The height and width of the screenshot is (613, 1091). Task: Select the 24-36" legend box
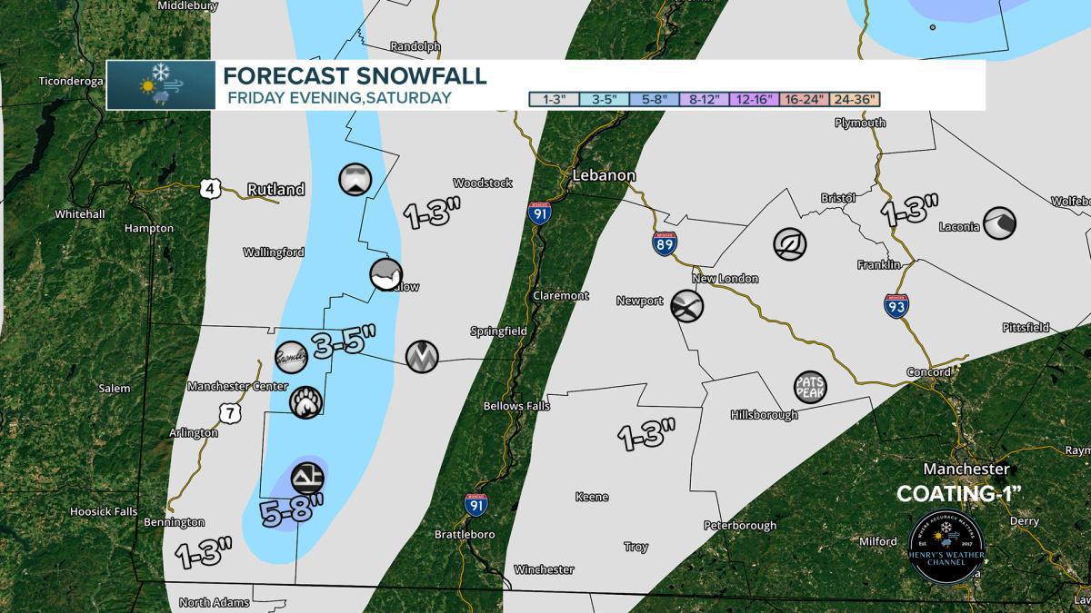855,99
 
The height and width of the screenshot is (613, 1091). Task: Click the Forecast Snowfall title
355,75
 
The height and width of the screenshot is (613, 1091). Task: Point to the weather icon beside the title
160,85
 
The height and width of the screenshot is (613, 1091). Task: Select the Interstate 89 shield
664,242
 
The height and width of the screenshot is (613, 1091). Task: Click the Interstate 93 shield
896,305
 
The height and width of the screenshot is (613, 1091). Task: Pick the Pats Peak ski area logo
809,387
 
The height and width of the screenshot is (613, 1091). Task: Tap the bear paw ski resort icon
305,401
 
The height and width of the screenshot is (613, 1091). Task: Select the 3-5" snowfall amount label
344,342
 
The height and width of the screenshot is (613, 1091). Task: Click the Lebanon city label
604,175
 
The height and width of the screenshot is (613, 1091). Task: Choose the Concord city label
928,372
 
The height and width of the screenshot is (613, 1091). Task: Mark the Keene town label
591,497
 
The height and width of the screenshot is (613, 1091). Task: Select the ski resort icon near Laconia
999,222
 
